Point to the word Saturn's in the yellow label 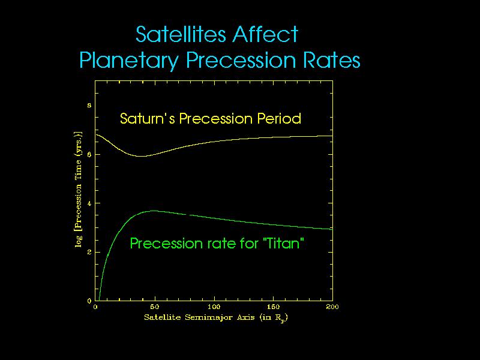pyautogui.click(x=145, y=118)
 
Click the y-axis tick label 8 pyautogui.click(x=89, y=105)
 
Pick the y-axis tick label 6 pyautogui.click(x=89, y=154)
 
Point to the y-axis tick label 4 pyautogui.click(x=89, y=203)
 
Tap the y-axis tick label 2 pyautogui.click(x=89, y=252)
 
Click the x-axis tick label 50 pyautogui.click(x=154, y=307)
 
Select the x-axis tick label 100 pyautogui.click(x=214, y=307)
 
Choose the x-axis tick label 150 pyautogui.click(x=273, y=307)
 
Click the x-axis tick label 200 pyautogui.click(x=332, y=307)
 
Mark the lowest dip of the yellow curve pyautogui.click(x=142, y=156)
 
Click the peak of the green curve pyautogui.click(x=154, y=211)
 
